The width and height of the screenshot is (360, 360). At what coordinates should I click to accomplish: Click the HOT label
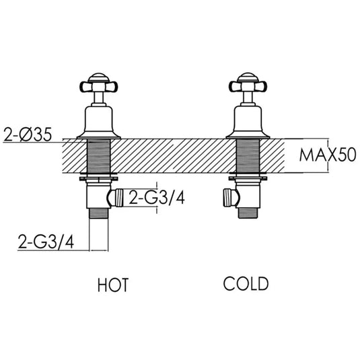click(x=113, y=285)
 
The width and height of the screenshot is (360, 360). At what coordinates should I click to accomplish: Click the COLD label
click(x=246, y=284)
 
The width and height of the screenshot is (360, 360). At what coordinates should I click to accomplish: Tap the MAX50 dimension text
click(x=328, y=155)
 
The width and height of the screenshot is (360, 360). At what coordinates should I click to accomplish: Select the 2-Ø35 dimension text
click(x=28, y=134)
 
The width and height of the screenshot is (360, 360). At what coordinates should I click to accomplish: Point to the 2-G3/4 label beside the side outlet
click(x=157, y=197)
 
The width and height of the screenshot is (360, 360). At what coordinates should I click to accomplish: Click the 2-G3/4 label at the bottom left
click(x=46, y=242)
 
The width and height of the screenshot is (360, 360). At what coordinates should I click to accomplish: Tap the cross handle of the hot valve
click(x=98, y=87)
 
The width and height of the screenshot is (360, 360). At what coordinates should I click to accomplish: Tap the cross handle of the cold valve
click(x=248, y=87)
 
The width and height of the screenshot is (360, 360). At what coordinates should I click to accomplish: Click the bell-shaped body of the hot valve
click(x=99, y=122)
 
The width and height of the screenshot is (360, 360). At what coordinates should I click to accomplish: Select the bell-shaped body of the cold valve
click(x=248, y=122)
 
